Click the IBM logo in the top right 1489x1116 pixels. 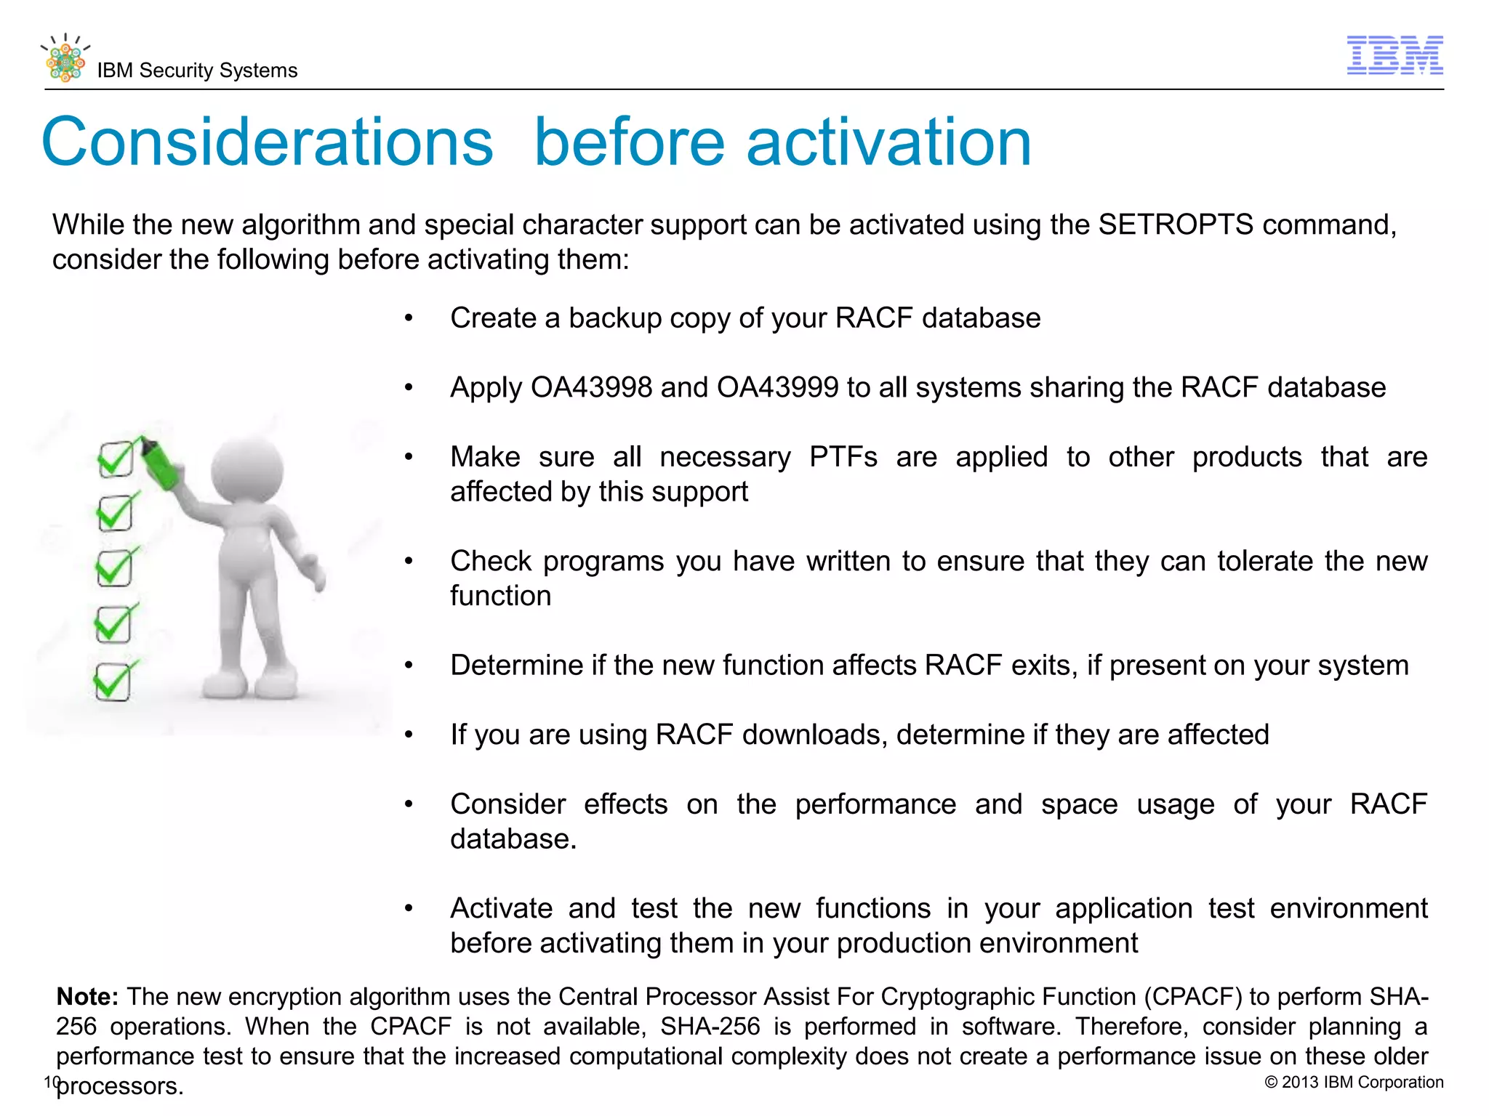[1394, 55]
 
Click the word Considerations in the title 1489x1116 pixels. [268, 142]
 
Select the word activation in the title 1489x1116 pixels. [888, 142]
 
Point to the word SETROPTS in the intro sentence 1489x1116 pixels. [1176, 225]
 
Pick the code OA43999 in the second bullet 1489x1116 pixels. [777, 387]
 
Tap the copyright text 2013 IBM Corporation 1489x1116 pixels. [1354, 1082]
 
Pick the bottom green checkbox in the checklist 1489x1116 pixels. [113, 682]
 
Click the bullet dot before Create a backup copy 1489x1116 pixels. [409, 318]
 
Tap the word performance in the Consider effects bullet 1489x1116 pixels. [875, 804]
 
